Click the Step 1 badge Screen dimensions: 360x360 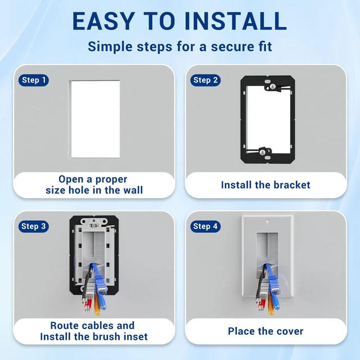tap(34, 80)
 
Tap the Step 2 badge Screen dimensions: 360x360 tap(205, 80)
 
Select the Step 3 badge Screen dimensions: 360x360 tap(34, 226)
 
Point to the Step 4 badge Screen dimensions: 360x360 tap(205, 226)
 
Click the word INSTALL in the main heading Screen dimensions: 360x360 tap(236, 21)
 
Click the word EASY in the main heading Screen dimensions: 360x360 tap(103, 21)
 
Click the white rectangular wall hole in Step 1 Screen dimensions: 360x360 tap(95, 119)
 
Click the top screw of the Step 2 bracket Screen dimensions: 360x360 tap(272, 87)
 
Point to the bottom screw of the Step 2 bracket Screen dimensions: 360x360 tap(262, 152)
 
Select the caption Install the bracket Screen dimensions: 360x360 tap(265, 185)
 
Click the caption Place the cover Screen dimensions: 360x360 tap(265, 331)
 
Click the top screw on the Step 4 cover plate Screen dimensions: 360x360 tap(267, 222)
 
